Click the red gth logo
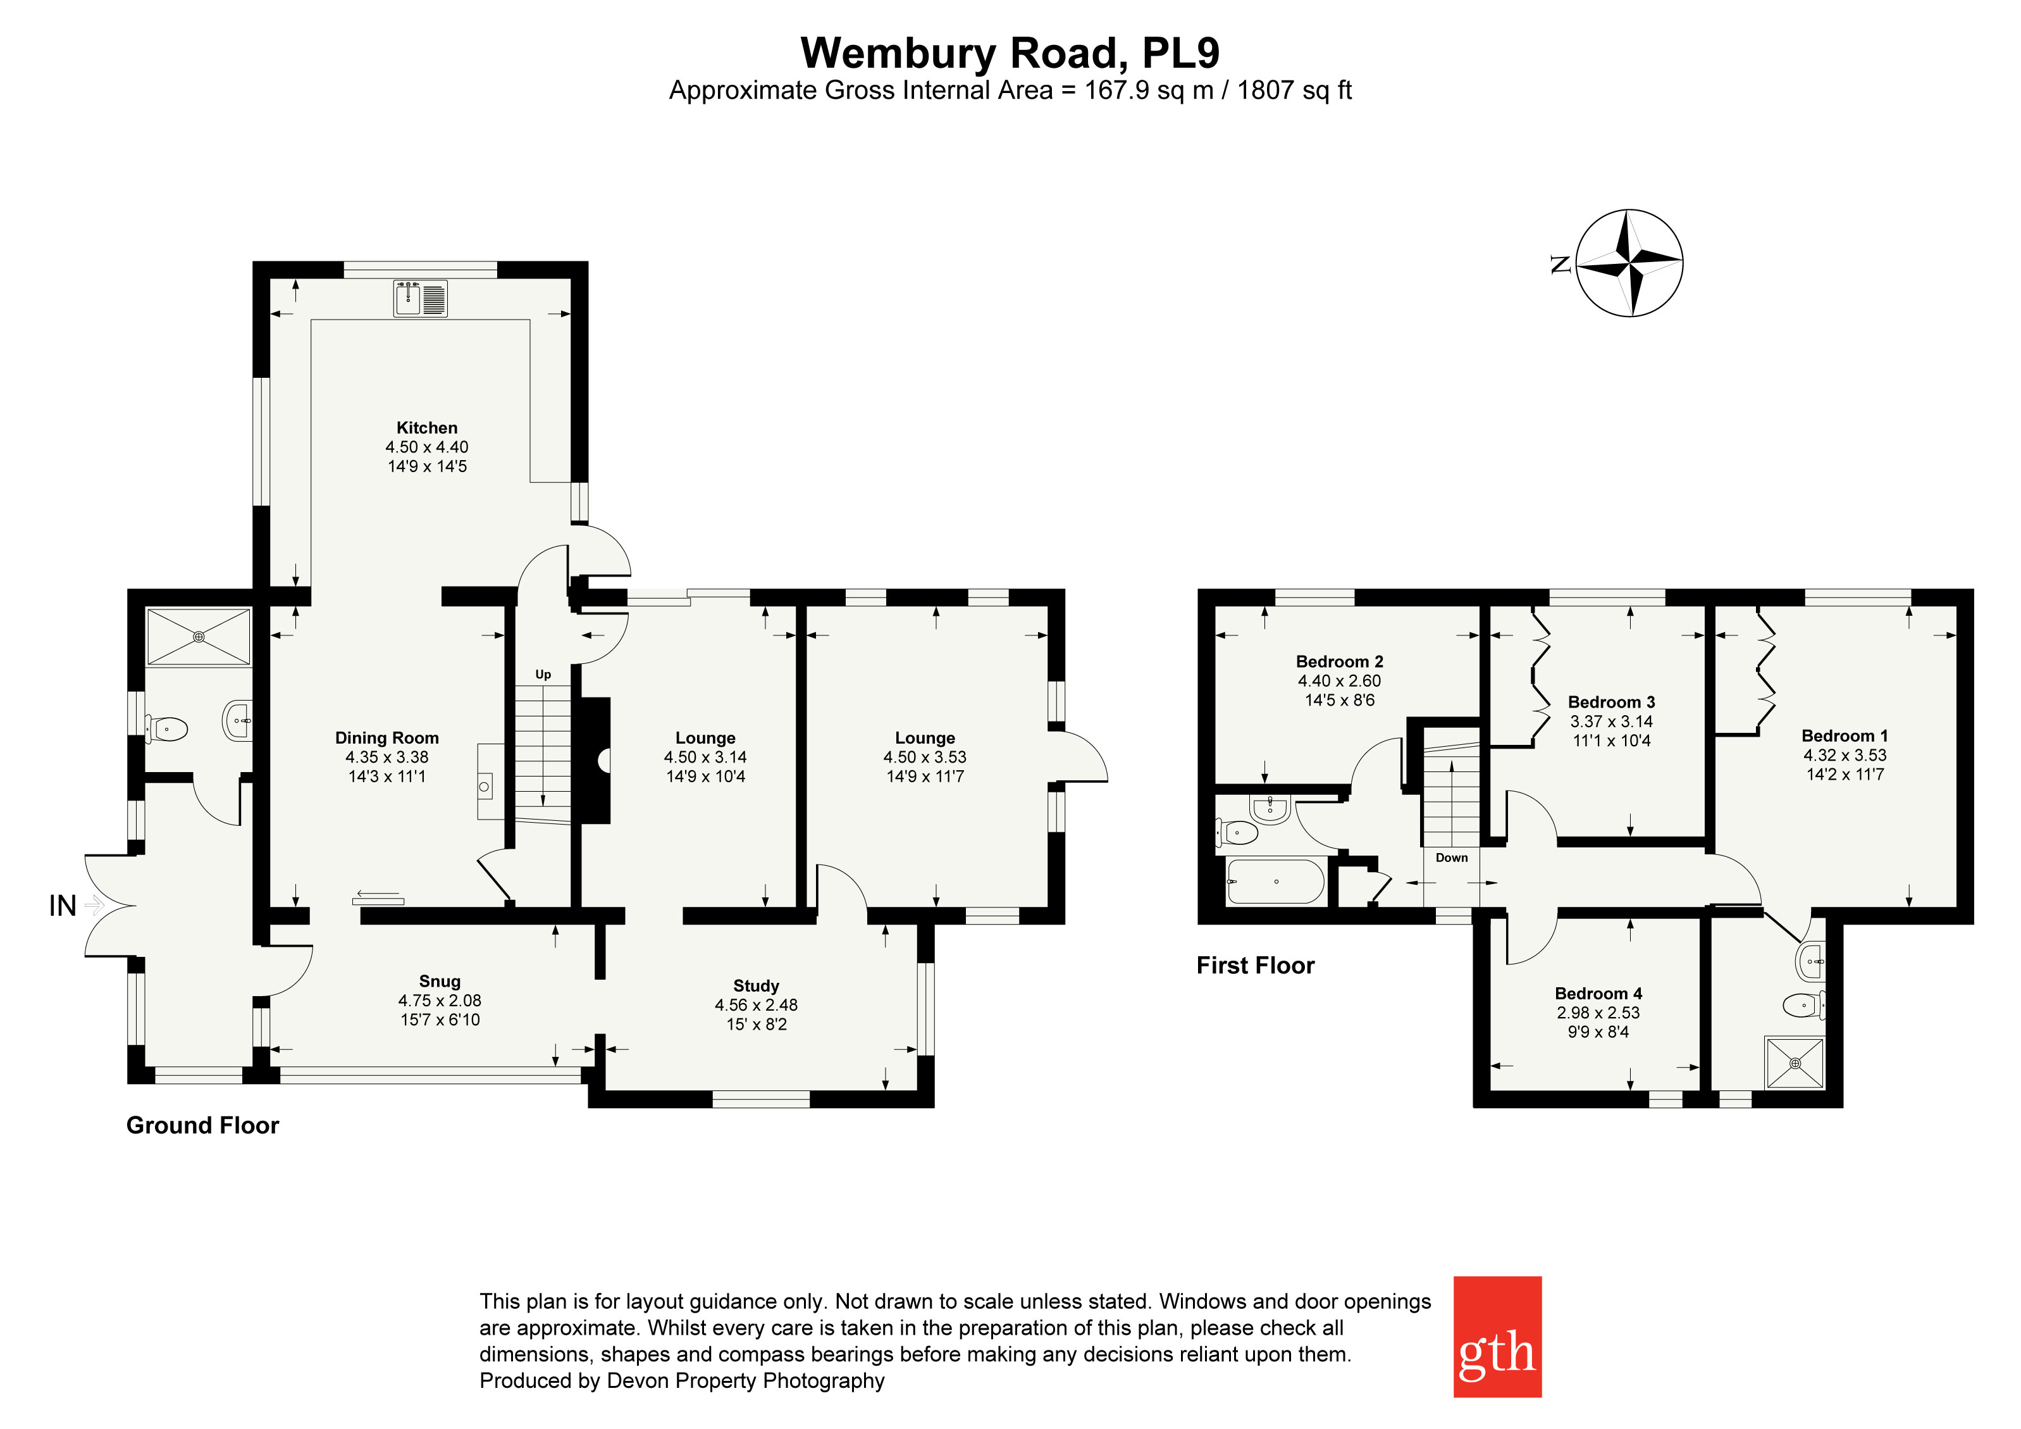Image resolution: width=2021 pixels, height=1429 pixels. (x=1497, y=1336)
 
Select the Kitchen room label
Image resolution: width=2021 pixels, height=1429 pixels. (x=427, y=428)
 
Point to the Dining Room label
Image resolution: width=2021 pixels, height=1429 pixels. (x=386, y=738)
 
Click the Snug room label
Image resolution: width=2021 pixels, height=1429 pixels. (x=440, y=981)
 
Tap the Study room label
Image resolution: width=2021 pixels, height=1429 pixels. (x=756, y=986)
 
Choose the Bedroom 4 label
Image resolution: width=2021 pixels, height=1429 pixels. (x=1598, y=993)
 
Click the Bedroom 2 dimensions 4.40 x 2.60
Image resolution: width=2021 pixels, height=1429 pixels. (x=1340, y=680)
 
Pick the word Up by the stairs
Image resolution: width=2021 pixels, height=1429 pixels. (x=543, y=675)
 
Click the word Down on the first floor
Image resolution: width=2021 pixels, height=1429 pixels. (x=1452, y=858)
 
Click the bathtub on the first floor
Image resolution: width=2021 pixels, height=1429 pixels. (x=1275, y=882)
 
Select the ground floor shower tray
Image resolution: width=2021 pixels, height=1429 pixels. (x=199, y=635)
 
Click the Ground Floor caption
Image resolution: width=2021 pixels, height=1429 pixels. (x=202, y=1125)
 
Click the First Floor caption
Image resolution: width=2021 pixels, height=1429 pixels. (x=1255, y=966)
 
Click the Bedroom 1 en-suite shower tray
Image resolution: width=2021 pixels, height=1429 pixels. (x=1795, y=1063)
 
